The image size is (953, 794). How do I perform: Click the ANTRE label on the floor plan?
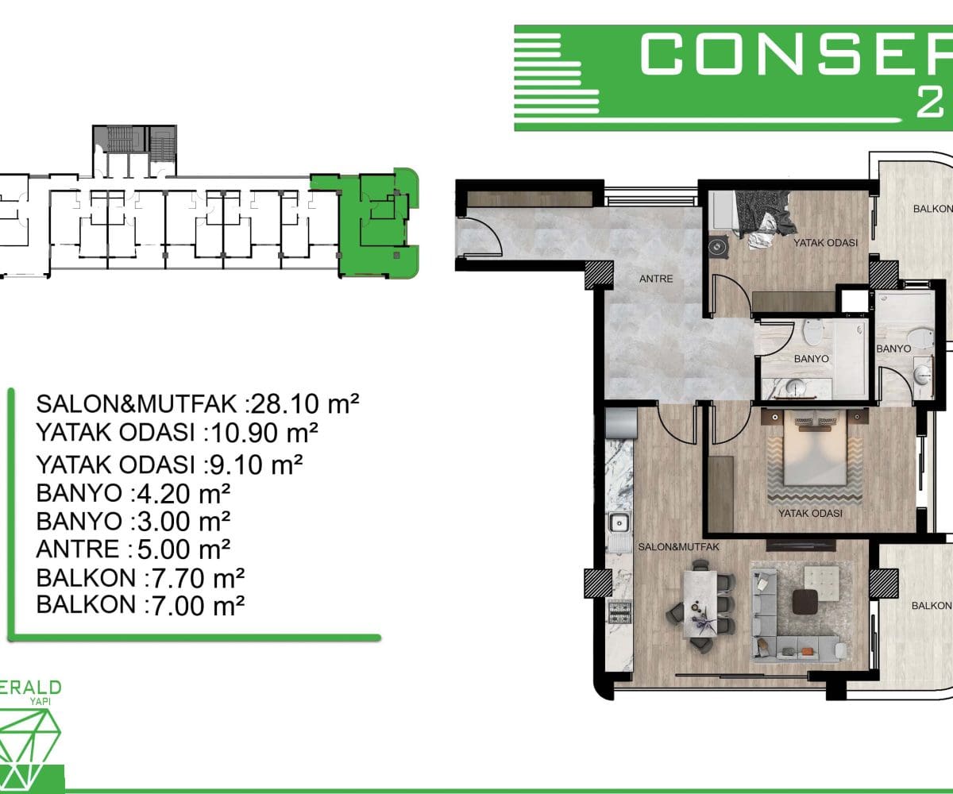coord(656,279)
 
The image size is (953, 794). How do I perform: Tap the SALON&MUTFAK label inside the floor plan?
coord(678,547)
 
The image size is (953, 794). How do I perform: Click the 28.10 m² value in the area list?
coord(305,404)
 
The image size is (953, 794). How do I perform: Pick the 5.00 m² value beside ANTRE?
coord(183,549)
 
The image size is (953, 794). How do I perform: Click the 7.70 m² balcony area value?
coord(198,578)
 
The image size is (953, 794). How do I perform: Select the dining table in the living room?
coord(700,603)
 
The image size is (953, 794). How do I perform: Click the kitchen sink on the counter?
coord(619,523)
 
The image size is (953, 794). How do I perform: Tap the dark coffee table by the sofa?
coord(805,601)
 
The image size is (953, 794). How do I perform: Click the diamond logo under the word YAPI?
coord(27,747)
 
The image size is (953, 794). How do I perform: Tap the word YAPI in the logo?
coord(41,701)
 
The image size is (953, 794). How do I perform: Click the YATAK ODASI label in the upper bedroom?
coord(825,243)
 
